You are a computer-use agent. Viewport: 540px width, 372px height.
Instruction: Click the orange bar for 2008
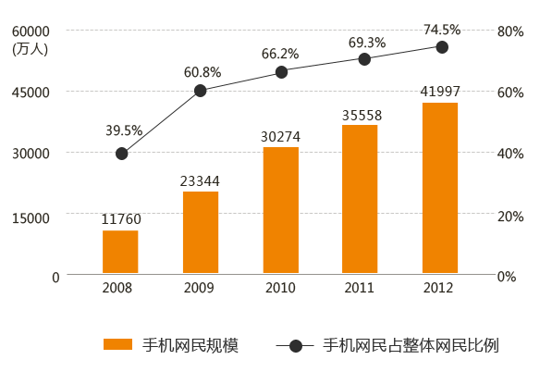coord(120,252)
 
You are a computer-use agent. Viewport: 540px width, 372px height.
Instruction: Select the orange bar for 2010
coord(280,210)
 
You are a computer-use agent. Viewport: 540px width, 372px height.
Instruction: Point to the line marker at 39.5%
coord(121,154)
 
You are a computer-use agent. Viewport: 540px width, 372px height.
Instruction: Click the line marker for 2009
coord(201,90)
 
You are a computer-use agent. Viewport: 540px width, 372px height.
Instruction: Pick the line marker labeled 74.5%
coord(442,47)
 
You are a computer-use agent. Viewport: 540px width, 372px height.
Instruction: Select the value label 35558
coord(360,115)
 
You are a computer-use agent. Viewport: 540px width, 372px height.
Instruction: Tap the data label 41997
coord(440,92)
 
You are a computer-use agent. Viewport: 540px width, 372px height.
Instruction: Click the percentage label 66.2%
coord(280,54)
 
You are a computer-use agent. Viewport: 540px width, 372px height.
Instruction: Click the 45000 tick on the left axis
coord(31,93)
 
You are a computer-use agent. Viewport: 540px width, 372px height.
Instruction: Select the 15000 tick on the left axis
coord(31,216)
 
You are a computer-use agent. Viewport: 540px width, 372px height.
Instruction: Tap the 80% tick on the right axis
coord(510,31)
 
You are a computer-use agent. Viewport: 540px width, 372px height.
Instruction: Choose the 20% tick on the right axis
coord(510,216)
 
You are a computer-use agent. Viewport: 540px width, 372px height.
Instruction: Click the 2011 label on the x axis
coord(359,288)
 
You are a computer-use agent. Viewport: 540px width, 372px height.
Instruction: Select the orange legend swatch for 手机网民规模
coord(117,344)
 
